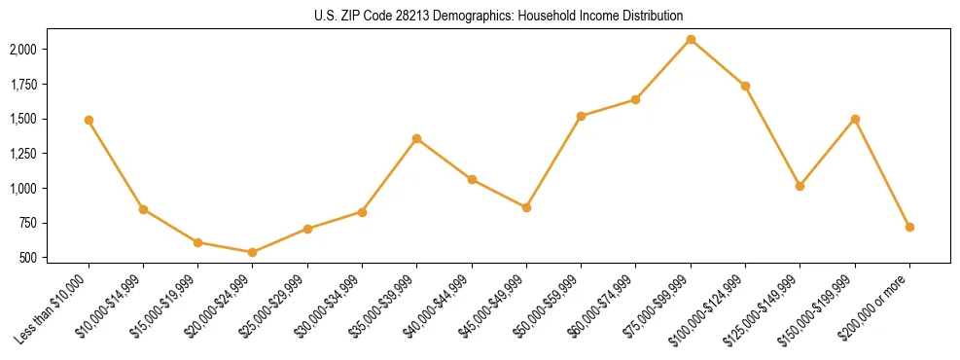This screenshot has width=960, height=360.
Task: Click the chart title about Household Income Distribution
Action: coord(499,16)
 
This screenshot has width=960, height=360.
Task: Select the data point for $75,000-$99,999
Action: coord(691,39)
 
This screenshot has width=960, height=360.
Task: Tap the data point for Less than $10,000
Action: coord(89,120)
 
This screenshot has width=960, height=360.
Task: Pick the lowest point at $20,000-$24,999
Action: coord(253,252)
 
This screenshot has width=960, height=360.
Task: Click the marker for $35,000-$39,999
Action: coord(416,138)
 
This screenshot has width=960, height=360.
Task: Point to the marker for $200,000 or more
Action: coord(909,227)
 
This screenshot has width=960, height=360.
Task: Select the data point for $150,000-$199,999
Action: coord(855,119)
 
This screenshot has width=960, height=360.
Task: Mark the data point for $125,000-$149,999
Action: coord(800,186)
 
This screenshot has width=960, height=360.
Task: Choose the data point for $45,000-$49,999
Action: coord(526,207)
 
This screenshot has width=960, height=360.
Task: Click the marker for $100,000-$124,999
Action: coord(745,86)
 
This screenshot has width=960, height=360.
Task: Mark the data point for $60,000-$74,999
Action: coord(635,99)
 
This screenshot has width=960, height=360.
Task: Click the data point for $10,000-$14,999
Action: coord(143,209)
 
